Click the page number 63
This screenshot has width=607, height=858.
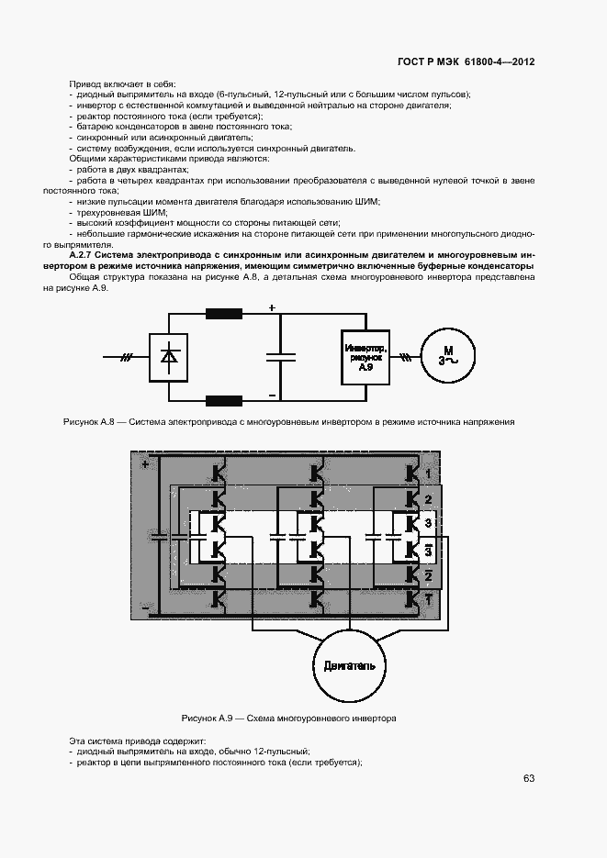(528, 778)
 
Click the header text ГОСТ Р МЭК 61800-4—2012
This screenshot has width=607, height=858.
(466, 62)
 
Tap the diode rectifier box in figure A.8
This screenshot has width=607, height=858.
(168, 357)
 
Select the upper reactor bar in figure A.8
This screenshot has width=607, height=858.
(223, 314)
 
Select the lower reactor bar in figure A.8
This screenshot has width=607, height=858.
(223, 400)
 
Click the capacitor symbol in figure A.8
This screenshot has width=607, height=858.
(281, 357)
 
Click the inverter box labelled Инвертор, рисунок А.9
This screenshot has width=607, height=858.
(366, 357)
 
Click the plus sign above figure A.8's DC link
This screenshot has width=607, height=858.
(272, 308)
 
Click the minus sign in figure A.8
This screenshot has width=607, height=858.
(272, 395)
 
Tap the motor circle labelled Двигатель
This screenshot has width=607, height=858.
(349, 664)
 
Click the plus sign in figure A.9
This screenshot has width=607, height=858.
(145, 464)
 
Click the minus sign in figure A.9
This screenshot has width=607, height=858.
(145, 607)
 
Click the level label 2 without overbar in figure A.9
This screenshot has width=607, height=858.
(427, 500)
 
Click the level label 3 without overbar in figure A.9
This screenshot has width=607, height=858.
(427, 524)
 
